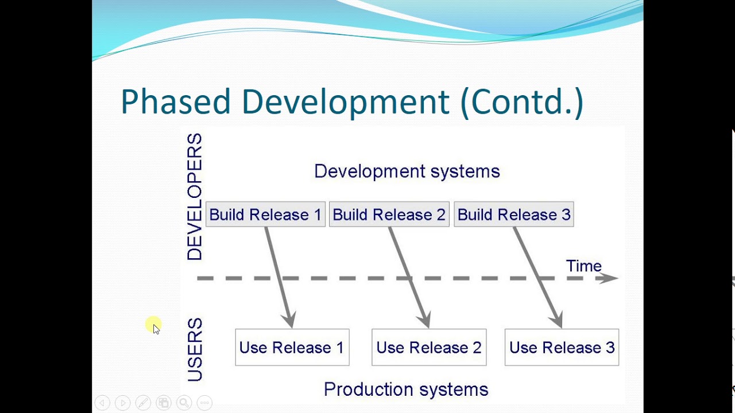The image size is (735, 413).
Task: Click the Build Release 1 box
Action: pos(265,215)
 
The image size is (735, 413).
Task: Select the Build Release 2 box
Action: pos(389,215)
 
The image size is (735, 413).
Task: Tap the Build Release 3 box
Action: pos(514,215)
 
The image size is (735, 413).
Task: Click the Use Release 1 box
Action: pos(292,348)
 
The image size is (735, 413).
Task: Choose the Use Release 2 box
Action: pos(429,348)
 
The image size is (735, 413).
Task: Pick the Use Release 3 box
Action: pos(562,348)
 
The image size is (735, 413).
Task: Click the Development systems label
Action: pos(407,172)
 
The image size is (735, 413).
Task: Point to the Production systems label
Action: pos(406,389)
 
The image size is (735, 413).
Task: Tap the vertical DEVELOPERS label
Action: pos(195,197)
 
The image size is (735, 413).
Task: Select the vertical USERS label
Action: pos(195,350)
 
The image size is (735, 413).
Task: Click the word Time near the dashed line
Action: pos(583,266)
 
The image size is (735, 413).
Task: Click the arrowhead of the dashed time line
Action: pos(610,278)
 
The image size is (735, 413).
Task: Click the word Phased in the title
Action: pos(175,102)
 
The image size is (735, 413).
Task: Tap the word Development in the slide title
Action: pos(345,102)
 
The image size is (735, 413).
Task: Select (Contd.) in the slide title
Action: pos(521,102)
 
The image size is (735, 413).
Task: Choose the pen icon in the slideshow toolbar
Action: pos(143,403)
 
